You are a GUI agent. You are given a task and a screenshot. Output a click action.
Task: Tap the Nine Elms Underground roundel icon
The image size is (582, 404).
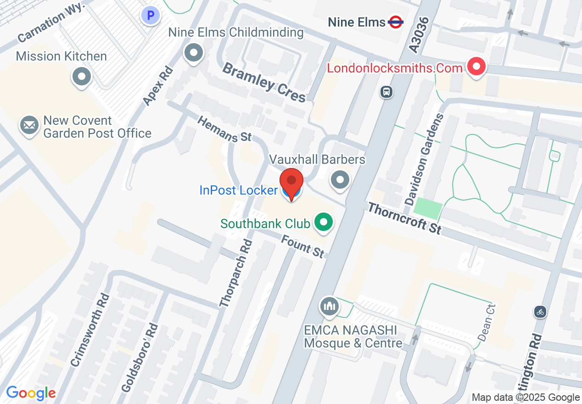point(395,22)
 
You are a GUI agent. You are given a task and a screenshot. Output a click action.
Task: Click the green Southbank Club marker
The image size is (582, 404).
point(324,223)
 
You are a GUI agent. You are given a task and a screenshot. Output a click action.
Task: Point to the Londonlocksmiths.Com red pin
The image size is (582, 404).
point(476,67)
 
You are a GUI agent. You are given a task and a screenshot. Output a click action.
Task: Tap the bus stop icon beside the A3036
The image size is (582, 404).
point(386,92)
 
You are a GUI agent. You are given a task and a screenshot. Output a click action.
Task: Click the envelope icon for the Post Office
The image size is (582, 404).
point(29,125)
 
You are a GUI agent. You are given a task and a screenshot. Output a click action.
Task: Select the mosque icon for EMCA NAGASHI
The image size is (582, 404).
point(329,306)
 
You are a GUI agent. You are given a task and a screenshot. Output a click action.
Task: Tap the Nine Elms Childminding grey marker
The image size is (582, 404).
point(193,52)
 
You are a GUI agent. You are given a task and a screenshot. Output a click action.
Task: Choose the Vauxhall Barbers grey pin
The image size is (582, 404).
point(340,179)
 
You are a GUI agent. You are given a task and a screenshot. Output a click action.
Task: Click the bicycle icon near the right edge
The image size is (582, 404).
point(540,312)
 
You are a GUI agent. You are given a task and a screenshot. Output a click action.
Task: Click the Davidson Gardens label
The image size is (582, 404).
point(424,160)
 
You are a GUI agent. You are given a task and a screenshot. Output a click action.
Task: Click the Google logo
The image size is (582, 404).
point(31,393)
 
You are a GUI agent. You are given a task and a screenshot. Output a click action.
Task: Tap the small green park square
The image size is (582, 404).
point(428,209)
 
